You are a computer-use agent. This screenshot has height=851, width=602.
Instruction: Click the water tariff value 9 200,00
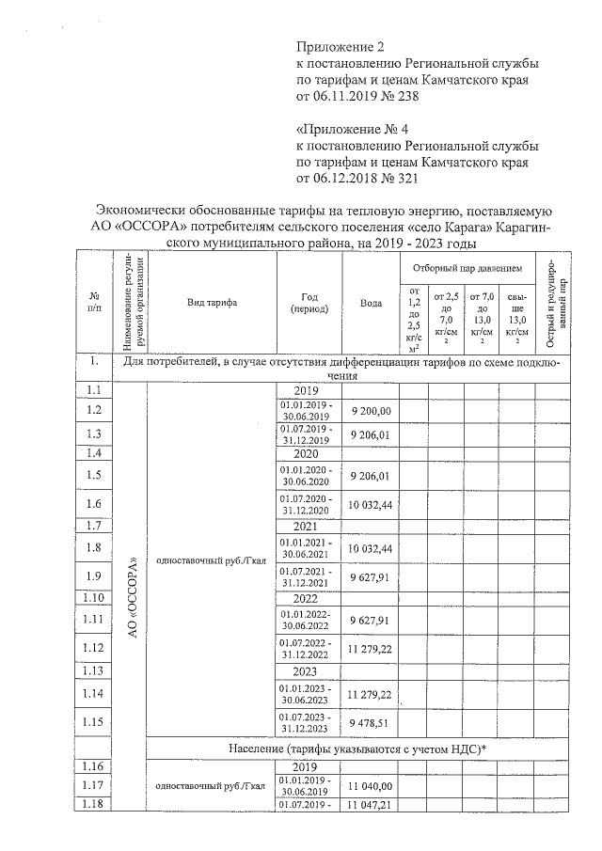370,411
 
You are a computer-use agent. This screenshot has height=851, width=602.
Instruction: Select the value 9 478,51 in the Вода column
370,723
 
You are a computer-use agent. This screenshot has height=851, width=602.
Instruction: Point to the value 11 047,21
370,806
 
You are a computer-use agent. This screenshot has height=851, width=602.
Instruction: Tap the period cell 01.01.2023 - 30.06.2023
308,694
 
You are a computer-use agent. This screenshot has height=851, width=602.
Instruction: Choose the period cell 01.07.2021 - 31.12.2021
308,575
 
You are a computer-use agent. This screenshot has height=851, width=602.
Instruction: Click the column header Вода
371,303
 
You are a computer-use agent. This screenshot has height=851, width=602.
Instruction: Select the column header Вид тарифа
212,303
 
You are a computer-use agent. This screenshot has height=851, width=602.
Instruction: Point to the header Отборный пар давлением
467,269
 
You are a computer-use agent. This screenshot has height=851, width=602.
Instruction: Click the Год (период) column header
308,303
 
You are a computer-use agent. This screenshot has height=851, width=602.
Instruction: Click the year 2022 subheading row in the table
308,598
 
